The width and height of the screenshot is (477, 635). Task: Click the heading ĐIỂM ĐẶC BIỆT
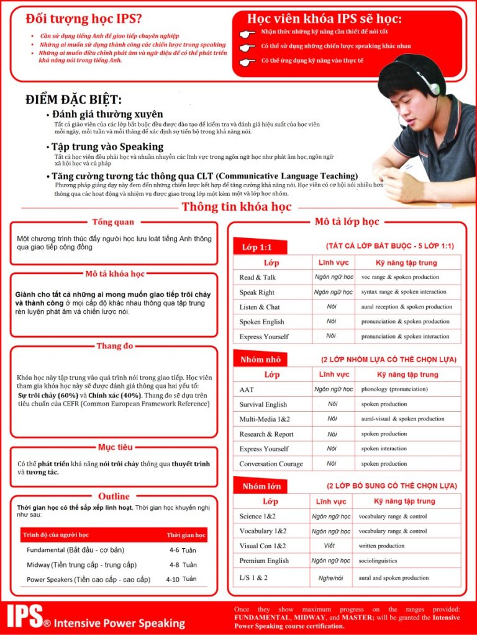click(x=74, y=100)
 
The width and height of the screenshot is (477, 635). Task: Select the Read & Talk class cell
click(x=258, y=277)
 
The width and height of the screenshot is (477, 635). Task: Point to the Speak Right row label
click(x=257, y=292)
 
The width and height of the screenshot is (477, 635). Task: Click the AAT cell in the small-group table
click(x=247, y=389)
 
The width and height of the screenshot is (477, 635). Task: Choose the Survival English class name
click(x=263, y=404)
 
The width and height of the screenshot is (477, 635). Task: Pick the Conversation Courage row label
click(x=271, y=464)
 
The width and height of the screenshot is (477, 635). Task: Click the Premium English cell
click(x=264, y=561)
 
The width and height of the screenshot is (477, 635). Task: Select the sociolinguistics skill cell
click(x=378, y=561)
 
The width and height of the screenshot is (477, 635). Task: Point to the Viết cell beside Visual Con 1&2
click(x=329, y=546)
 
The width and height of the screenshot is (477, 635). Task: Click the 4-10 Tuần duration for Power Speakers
click(x=181, y=579)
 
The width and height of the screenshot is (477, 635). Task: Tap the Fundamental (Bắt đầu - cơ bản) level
click(x=75, y=550)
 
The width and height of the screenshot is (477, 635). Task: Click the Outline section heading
click(x=114, y=496)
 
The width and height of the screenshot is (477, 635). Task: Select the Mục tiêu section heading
click(x=114, y=447)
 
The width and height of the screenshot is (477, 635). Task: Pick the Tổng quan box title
click(x=113, y=222)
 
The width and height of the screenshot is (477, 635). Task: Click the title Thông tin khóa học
click(x=237, y=207)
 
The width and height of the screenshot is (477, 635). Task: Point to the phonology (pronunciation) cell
click(x=394, y=389)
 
